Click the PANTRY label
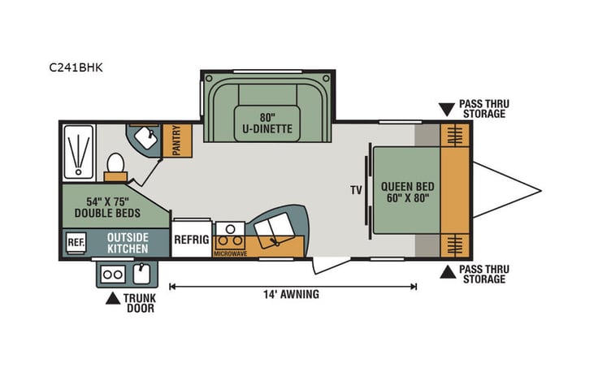pyautogui.click(x=176, y=141)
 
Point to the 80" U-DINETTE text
pyautogui.click(x=265, y=122)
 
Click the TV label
pyautogui.click(x=355, y=191)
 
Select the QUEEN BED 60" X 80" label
pyautogui.click(x=405, y=191)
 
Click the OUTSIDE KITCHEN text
pyautogui.click(x=128, y=242)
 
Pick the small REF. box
pyautogui.click(x=76, y=242)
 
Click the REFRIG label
pyautogui.click(x=192, y=240)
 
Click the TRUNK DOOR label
pyautogui.click(x=139, y=303)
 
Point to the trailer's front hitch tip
pyautogui.click(x=540, y=191)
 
